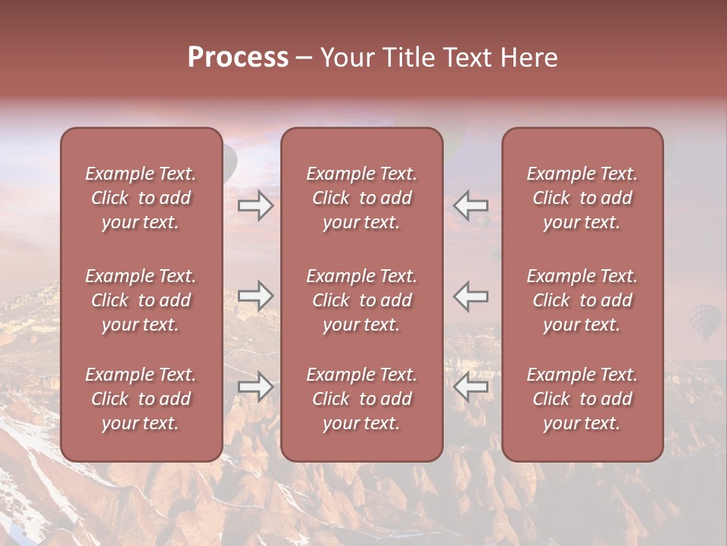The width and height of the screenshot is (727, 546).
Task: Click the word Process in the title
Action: coord(238,58)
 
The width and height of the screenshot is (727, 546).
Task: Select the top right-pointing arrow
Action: coord(255,206)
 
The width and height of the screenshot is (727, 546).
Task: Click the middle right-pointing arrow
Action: coord(255,296)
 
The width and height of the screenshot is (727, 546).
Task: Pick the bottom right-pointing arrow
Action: coord(255,387)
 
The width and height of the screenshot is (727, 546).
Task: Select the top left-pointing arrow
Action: coord(471,206)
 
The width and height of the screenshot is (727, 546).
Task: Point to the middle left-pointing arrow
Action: coord(471,296)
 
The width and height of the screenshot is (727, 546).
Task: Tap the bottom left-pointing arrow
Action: coord(471,387)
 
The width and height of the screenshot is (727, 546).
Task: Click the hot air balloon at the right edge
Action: coord(704,321)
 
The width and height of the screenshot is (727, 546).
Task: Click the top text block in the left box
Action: coord(141,198)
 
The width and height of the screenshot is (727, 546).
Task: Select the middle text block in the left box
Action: coord(141,300)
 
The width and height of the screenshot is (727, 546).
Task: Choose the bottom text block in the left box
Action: coord(141,399)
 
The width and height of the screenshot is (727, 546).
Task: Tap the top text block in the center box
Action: coord(361,198)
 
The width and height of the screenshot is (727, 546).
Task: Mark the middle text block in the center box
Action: coord(361,300)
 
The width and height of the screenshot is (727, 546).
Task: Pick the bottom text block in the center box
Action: coord(361,399)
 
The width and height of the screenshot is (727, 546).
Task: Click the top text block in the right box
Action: coord(582,198)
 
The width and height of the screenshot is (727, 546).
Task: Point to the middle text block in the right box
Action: coord(582,300)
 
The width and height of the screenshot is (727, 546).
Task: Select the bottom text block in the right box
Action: coord(582,399)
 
